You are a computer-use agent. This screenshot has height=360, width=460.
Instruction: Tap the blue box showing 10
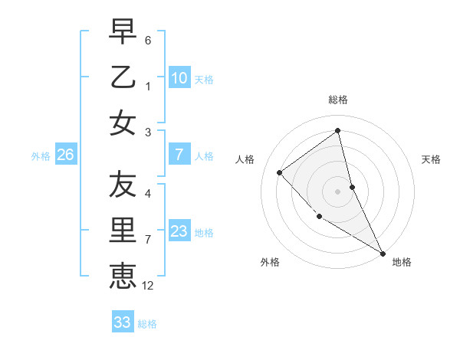pyautogui.click(x=179, y=78)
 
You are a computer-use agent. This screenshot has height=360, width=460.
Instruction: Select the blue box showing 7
pyautogui.click(x=179, y=155)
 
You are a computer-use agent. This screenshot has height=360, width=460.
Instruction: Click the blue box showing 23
pyautogui.click(x=179, y=231)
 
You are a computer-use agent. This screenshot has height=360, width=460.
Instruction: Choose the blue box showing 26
pyautogui.click(x=66, y=155)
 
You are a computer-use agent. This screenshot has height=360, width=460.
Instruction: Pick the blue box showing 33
pyautogui.click(x=123, y=322)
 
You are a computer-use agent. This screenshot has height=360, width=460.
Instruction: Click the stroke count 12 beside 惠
pyautogui.click(x=148, y=286)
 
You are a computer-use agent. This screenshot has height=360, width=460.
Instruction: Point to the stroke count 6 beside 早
pyautogui.click(x=148, y=39)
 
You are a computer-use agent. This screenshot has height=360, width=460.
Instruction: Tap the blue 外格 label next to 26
pyautogui.click(x=41, y=156)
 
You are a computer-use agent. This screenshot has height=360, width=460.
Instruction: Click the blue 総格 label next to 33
pyautogui.click(x=147, y=324)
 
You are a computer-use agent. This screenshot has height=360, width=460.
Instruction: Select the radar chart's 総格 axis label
pyautogui.click(x=337, y=100)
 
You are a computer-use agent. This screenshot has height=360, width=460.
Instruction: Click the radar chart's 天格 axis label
pyautogui.click(x=431, y=159)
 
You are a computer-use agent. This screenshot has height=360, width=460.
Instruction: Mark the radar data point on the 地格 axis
pyautogui.click(x=383, y=254)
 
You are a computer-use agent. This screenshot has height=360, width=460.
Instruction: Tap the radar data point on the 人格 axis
pyautogui.click(x=280, y=172)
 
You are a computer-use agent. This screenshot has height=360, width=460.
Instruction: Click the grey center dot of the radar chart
pyautogui.click(x=337, y=191)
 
